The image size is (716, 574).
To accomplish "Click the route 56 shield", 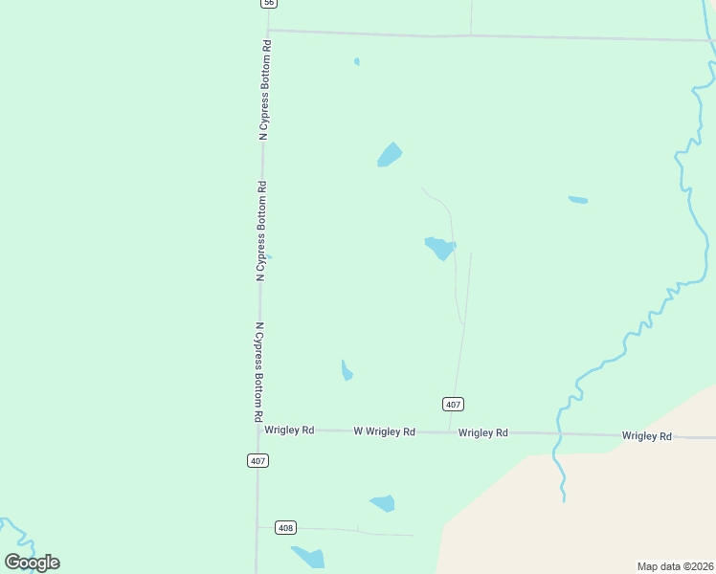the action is point(269,4).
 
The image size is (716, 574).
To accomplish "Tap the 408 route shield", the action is point(285,527).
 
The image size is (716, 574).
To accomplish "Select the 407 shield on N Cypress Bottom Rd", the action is point(257,460).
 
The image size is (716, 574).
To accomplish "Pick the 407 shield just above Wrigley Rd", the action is point(454,404).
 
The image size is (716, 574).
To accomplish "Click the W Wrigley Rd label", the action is point(384,432).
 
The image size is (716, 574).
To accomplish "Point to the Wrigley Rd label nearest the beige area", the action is point(646,435).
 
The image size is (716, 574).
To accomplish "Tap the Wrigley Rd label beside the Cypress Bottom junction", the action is point(289,430).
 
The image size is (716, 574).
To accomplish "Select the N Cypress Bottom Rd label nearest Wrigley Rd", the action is point(258,372).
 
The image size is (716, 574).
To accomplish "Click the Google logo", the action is point(32,562).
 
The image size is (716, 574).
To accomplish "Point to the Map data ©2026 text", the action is point(675,565).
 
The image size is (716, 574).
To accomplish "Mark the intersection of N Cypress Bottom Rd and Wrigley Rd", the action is point(258,430).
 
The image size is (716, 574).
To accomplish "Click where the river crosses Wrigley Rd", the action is point(557,434).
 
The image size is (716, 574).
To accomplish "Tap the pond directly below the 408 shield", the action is point(309,557).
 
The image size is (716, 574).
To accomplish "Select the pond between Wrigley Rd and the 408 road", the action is point(383,503).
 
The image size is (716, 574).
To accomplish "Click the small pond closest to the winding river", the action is point(577,200).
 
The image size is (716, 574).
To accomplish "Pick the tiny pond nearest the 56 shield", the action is point(357,62).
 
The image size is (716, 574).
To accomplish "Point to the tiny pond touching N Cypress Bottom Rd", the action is point(268,256).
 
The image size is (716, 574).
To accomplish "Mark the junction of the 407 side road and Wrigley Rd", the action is point(449,432).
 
